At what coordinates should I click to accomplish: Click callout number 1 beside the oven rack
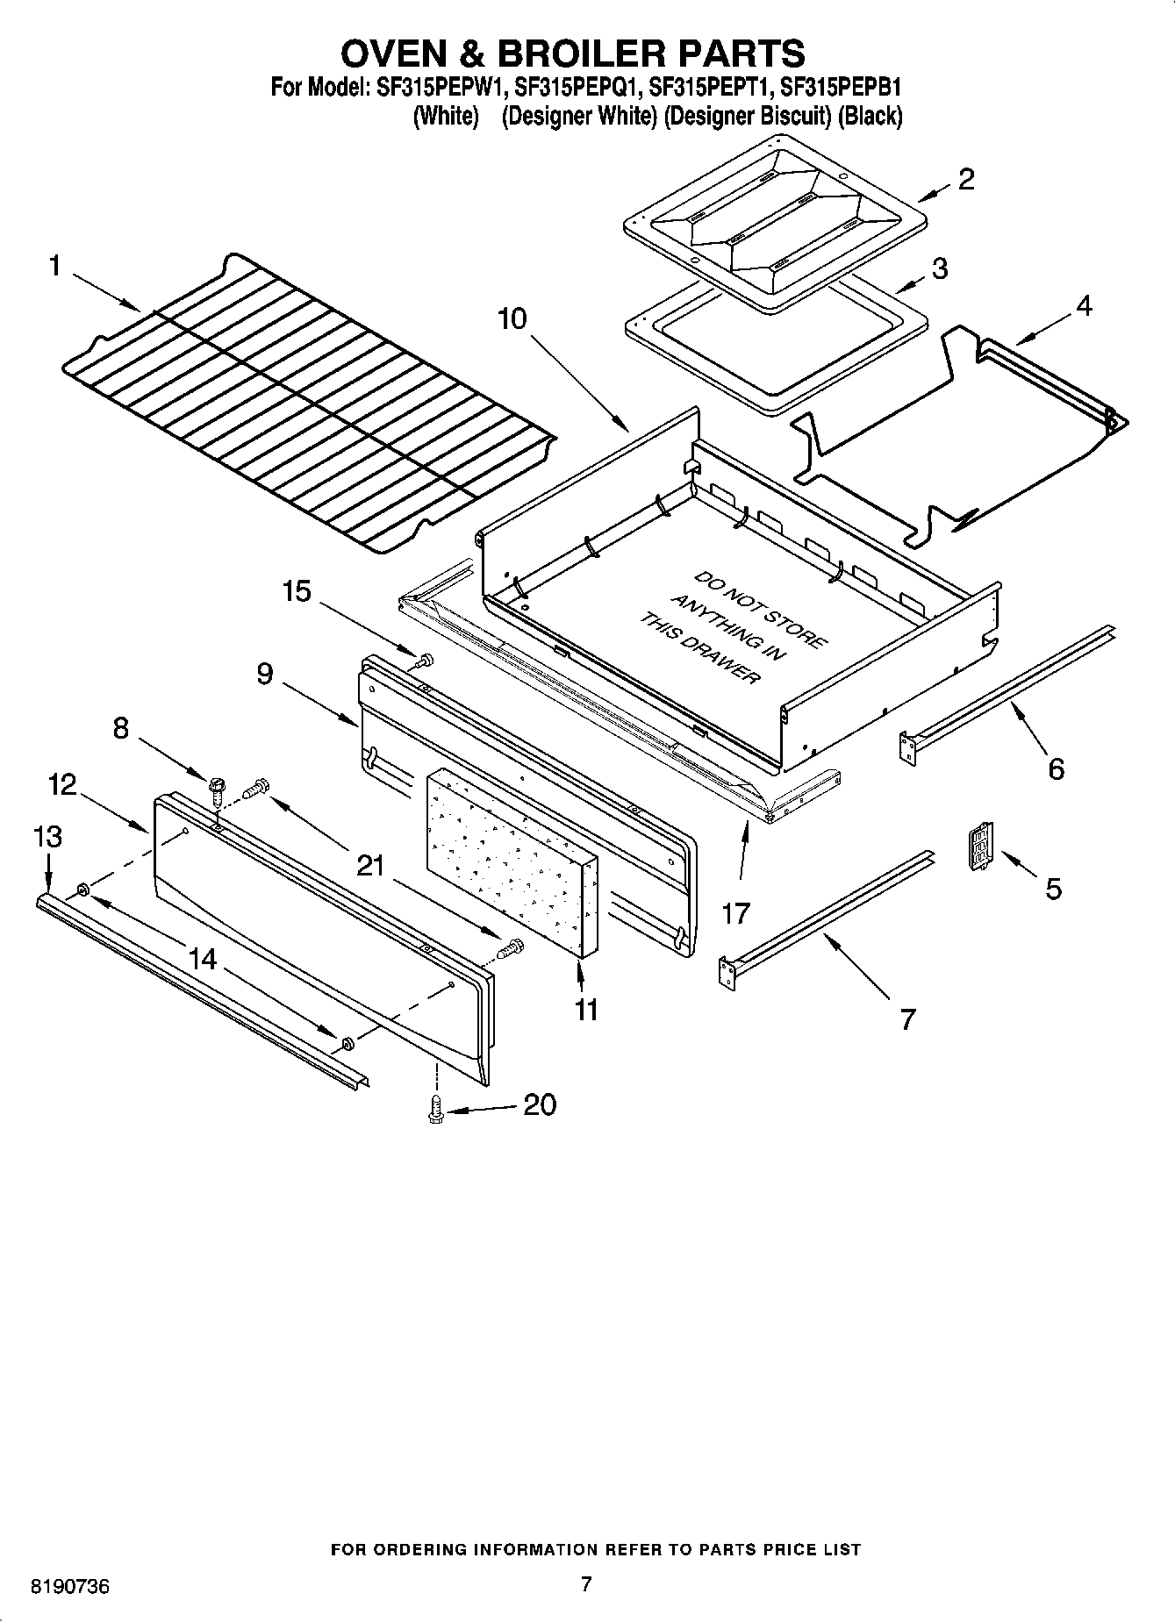tap(55, 265)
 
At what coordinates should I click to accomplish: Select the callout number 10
tap(512, 318)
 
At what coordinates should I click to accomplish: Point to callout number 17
tap(735, 913)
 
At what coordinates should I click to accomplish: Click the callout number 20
tap(540, 1104)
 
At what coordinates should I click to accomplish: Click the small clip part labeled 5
tap(980, 847)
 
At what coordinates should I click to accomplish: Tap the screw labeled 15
tap(426, 660)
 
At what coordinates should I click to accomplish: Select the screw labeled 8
tap(214, 782)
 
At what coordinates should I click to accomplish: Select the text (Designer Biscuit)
tap(747, 116)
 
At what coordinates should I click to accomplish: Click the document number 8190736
tap(70, 1586)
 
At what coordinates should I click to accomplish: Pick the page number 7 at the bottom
tap(586, 1583)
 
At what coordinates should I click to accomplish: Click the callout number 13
tap(47, 837)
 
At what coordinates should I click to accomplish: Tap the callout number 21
tap(370, 866)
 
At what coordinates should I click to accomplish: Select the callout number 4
tap(1084, 306)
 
